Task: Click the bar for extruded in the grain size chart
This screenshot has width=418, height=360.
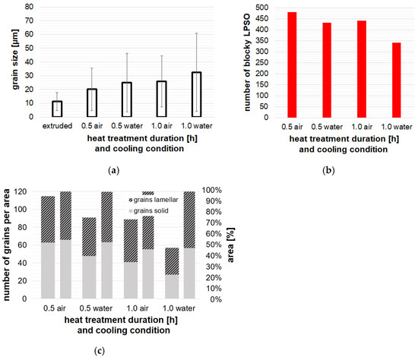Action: click(x=57, y=109)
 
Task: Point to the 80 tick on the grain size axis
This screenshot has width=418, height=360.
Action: click(x=29, y=6)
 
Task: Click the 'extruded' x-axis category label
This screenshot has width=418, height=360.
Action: click(x=57, y=125)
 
